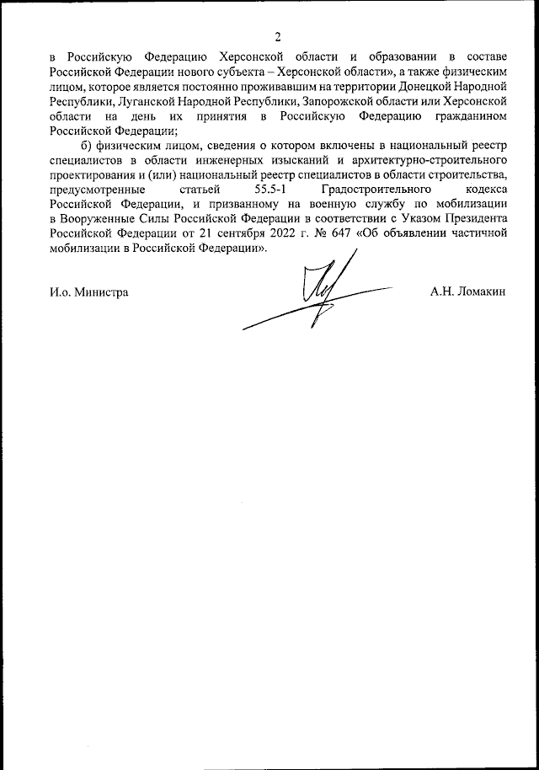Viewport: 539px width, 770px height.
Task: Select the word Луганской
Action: (148, 101)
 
